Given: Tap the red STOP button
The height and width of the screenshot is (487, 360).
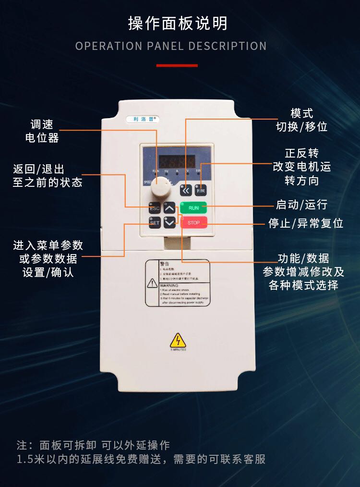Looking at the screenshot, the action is (194, 223).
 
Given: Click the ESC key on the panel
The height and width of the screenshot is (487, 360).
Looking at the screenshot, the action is (155, 208).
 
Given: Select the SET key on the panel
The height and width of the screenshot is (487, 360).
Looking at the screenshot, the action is (155, 223).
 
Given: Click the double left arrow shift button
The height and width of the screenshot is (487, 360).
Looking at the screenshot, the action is (186, 190).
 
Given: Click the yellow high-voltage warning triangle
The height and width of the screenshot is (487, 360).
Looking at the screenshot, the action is (178, 341).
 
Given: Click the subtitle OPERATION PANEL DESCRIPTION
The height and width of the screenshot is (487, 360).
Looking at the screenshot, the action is (171, 46).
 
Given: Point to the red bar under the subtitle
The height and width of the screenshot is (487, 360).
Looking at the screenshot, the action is (177, 65).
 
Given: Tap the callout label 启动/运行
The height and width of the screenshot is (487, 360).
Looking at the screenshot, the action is (301, 205).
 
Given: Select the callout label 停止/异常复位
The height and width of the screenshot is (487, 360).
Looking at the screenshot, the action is (306, 223).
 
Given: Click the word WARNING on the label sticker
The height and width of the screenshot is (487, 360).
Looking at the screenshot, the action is (168, 285).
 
